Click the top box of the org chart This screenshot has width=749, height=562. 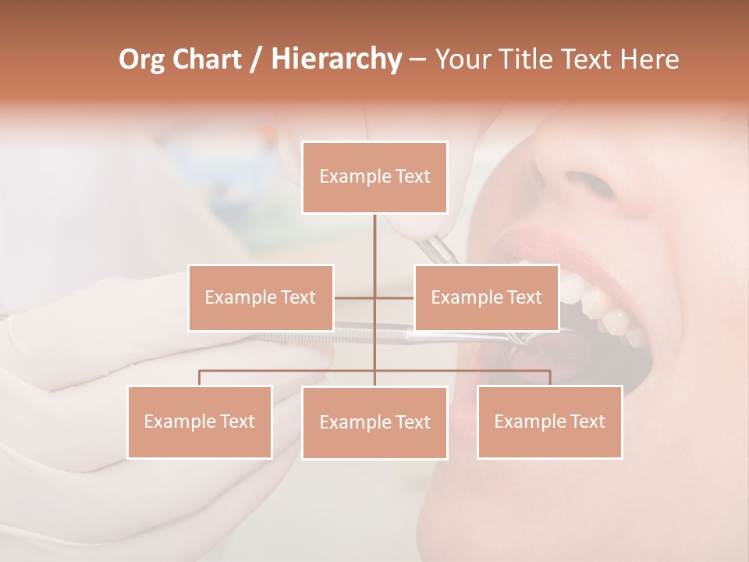tap(374, 177)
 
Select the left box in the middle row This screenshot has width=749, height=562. tap(261, 297)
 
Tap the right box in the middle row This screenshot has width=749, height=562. tap(487, 297)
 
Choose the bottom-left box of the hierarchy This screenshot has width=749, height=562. tap(200, 422)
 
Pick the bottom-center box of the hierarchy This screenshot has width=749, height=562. tap(374, 423)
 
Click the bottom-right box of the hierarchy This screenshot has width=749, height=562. tap(550, 422)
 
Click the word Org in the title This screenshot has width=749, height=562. tap(141, 59)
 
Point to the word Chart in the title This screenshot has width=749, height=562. tap(206, 59)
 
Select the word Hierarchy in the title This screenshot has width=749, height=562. tap(335, 59)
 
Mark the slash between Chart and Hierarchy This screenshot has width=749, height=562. tap(256, 59)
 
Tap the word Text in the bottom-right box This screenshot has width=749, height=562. tap(587, 422)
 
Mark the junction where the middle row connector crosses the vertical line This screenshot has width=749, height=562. tap(374, 297)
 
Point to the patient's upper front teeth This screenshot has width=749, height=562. tap(597, 301)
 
